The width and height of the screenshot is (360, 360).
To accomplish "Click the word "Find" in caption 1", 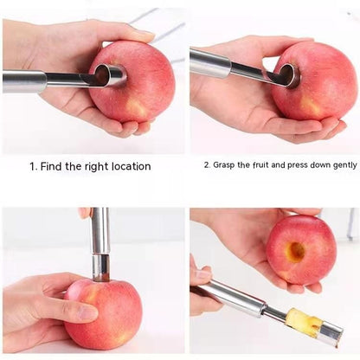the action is [x=52, y=166].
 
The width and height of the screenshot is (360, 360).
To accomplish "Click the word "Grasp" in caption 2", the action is [x=224, y=165].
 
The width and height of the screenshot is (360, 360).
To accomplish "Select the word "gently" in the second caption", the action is [x=345, y=165].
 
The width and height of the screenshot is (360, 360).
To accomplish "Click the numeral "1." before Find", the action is [x=34, y=166].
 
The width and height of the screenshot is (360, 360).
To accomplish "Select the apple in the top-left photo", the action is [x=132, y=81].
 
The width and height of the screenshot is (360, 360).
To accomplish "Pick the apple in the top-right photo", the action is [x=314, y=80].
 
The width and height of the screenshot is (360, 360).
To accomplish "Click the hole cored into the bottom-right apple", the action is [x=296, y=252].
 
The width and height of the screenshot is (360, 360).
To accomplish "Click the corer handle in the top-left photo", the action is [x=24, y=81].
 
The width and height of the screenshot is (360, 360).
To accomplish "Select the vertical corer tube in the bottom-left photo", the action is [x=100, y=244].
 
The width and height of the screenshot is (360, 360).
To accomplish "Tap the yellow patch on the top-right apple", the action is [x=311, y=105].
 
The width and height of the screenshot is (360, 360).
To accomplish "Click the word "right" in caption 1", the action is [x=96, y=167].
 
